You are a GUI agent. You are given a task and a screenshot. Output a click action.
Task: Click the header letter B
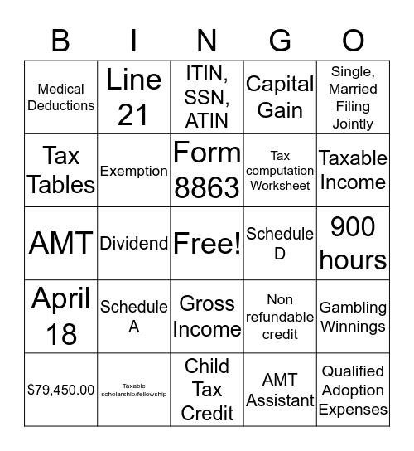(x=60, y=40)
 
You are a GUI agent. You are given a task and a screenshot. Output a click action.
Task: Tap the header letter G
(x=280, y=40)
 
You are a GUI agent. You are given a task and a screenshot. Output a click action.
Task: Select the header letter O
(x=354, y=40)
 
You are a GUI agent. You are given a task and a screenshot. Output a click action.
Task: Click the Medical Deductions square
(x=60, y=97)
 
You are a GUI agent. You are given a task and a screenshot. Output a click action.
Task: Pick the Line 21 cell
(x=133, y=97)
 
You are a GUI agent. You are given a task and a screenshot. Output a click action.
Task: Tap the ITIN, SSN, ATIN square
(x=207, y=97)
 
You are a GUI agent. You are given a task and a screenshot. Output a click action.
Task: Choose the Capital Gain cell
(x=280, y=97)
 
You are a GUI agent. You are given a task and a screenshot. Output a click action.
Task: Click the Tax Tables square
(x=60, y=170)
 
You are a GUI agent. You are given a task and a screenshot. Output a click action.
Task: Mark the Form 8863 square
(x=207, y=170)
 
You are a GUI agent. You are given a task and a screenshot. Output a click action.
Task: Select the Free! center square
(x=207, y=243)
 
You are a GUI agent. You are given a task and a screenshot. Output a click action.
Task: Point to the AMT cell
(x=60, y=243)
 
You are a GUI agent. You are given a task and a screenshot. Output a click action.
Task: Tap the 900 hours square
(x=354, y=243)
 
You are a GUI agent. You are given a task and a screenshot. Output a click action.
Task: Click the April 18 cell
(x=60, y=317)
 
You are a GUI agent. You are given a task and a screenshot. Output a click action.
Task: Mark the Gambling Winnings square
(x=354, y=317)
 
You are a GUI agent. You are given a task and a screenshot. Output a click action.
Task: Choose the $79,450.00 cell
(x=60, y=390)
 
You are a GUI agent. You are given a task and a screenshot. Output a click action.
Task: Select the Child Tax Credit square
(x=207, y=390)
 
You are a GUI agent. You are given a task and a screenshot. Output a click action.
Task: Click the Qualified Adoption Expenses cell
(x=354, y=390)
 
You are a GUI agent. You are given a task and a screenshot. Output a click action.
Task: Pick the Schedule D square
(x=280, y=243)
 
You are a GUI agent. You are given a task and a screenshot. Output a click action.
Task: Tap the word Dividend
(x=133, y=243)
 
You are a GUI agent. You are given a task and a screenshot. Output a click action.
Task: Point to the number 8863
(x=207, y=187)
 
